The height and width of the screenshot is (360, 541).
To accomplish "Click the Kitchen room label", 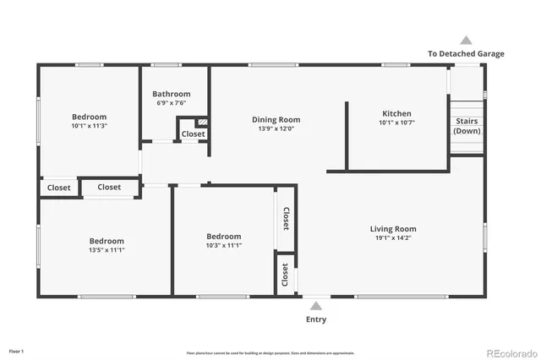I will pos(396,113).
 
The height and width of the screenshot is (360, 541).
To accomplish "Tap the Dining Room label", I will pos(276,119).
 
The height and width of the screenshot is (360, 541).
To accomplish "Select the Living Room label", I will pos(393,228).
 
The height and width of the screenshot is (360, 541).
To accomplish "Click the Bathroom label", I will pos(171,94).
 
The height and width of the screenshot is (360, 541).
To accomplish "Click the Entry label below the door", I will pos(315,319).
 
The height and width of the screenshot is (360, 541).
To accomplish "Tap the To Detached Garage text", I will pos(466,53).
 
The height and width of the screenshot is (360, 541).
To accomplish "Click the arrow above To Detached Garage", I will pos(466,40).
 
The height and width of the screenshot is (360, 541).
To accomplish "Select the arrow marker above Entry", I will pos(315,306).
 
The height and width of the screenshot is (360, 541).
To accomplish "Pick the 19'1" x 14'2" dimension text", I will pos(393,239).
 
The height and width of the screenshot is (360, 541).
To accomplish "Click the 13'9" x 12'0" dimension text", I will pos(276,129).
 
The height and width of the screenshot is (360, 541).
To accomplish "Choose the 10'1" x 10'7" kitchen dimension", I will pos(396,123).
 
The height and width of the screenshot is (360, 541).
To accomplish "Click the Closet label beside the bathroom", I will pos(193,134).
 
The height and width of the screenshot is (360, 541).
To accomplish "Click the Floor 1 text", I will pos(16,351).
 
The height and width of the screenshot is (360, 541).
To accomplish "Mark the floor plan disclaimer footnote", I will pos(270,353).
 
